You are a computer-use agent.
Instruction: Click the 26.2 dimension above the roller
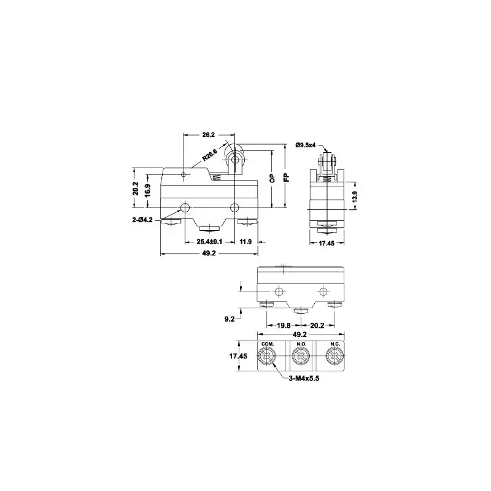click(209, 135)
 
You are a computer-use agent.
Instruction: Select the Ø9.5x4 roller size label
click(306, 145)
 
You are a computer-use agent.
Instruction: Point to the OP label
click(273, 178)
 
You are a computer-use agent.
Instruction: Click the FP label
click(287, 177)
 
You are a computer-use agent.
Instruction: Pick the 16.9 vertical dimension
click(147, 190)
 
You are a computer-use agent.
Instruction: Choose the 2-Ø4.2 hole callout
click(142, 220)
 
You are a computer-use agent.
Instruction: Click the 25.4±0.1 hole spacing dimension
click(209, 242)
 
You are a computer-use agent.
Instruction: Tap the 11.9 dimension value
click(245, 242)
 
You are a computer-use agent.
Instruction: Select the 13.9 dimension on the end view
click(354, 196)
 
